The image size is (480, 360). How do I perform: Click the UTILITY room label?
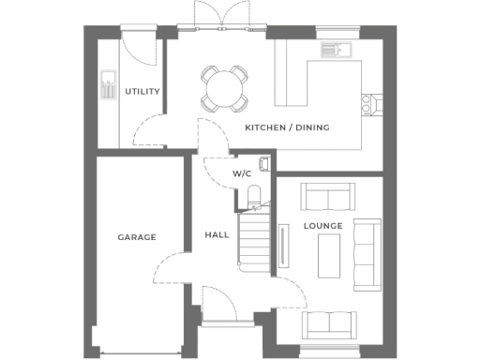tap(142, 91)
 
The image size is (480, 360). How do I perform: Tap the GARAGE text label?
tap(136, 237)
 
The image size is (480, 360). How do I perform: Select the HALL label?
tap(217, 235)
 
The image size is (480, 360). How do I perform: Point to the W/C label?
tap(242, 174)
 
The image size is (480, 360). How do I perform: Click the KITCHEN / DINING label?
tap(287, 127)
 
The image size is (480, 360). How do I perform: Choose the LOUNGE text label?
tap(322, 226)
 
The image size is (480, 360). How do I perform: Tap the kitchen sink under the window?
tap(333, 51)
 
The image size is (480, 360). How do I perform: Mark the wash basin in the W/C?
tap(263, 165)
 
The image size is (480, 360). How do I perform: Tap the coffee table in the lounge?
tap(329, 254)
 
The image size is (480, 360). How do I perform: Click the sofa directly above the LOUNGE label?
tap(328, 197)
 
